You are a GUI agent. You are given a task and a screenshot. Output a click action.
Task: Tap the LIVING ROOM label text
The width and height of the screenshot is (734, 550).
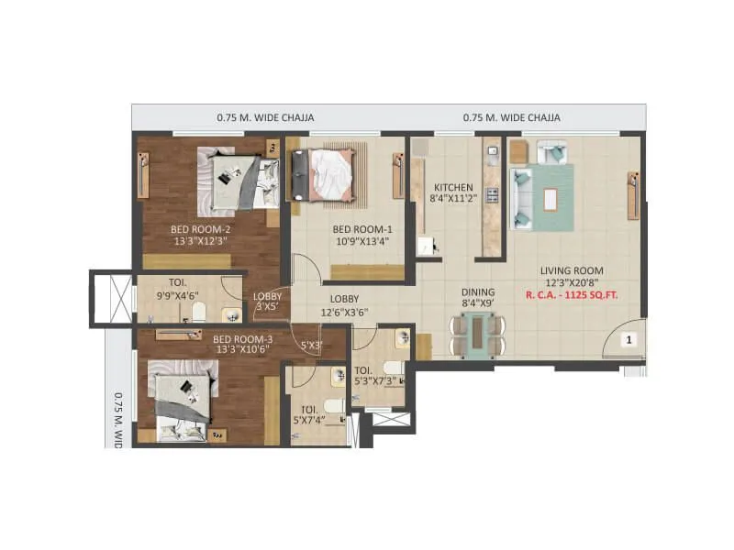pos(571,270)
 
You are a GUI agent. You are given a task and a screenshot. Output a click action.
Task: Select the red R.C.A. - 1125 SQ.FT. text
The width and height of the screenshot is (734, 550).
pos(575,295)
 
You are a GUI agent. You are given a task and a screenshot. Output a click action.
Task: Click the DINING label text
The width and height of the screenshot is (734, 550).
pos(478,292)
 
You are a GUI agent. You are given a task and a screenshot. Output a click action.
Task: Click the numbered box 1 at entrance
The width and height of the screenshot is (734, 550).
pos(629,339)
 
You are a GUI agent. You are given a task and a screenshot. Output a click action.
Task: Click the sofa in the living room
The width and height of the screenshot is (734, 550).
pos(523,188)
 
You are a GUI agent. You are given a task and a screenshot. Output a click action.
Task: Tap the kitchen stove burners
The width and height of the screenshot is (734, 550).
pos(491,195)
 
